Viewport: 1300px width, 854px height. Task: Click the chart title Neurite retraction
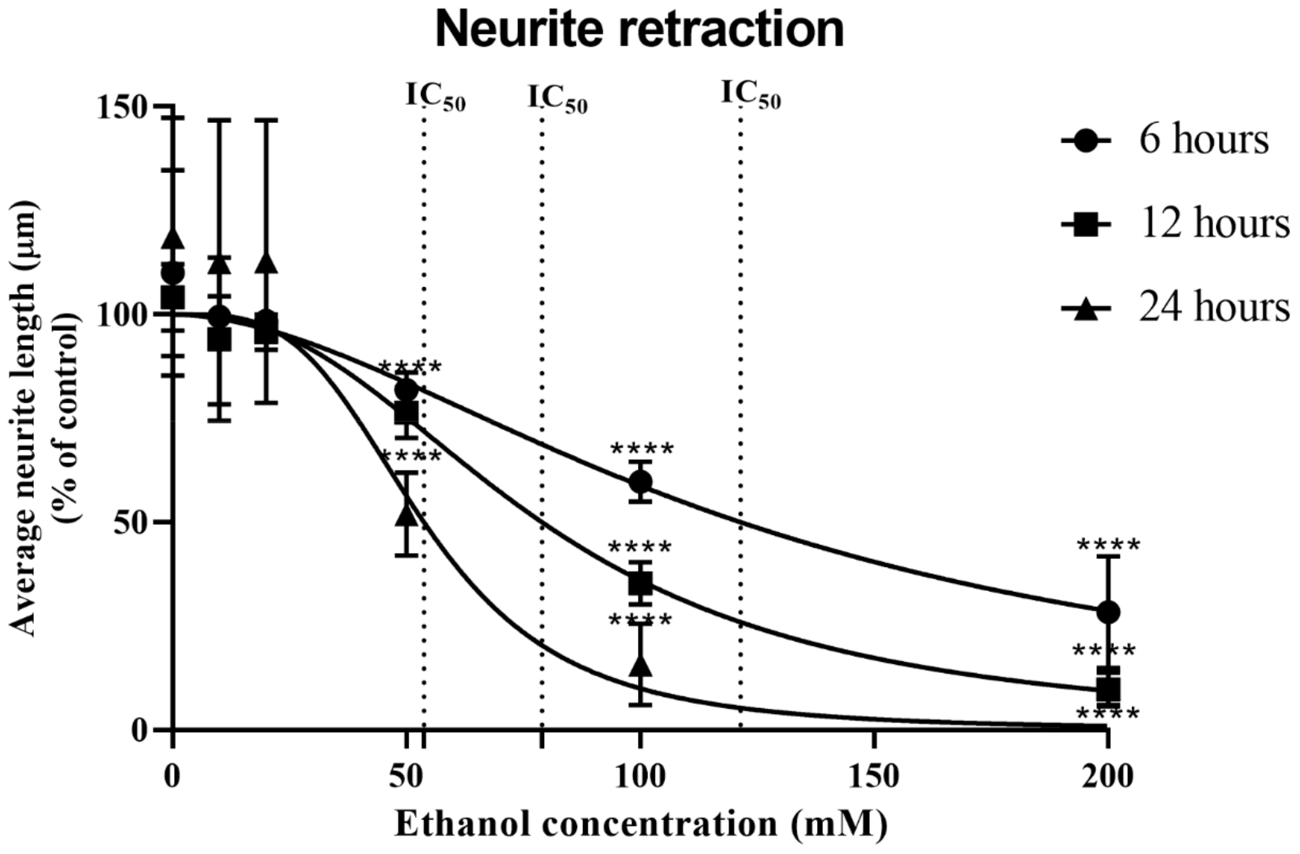tap(639, 30)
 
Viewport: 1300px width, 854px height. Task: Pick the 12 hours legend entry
tap(1174, 224)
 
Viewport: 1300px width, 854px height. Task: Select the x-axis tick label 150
tap(874, 776)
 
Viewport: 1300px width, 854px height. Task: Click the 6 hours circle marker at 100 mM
tap(640, 482)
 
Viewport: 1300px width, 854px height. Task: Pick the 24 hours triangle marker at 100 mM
tap(640, 666)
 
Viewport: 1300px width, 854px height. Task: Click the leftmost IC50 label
tap(435, 97)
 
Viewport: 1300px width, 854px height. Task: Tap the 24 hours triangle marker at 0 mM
tap(173, 239)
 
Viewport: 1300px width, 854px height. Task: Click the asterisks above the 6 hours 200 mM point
tap(1108, 545)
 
